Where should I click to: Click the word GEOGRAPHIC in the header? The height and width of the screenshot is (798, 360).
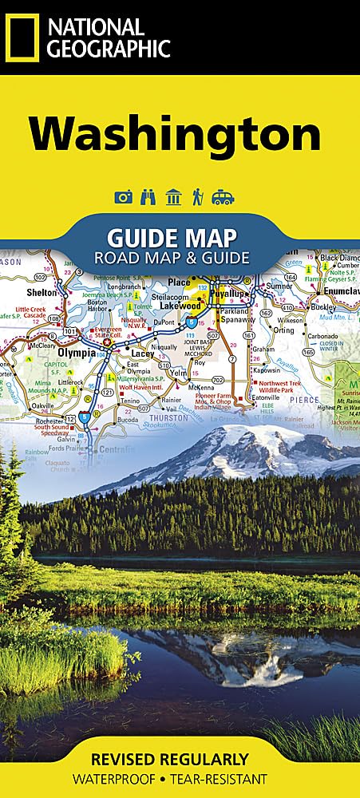point(109,49)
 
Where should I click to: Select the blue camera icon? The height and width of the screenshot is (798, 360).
point(123,198)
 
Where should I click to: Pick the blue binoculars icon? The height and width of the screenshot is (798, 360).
point(148,198)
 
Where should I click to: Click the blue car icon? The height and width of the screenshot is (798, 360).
point(223,198)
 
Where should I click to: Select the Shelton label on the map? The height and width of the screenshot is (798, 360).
point(43,292)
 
